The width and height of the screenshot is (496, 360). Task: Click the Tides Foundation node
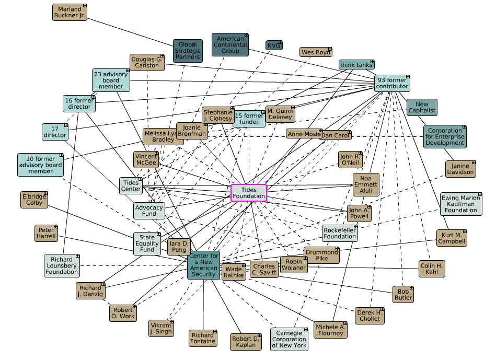click(249, 192)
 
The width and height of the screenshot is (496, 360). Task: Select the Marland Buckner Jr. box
click(70, 13)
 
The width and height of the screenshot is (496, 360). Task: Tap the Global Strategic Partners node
click(188, 51)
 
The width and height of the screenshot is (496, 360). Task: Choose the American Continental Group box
click(230, 45)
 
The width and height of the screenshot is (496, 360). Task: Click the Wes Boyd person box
click(316, 52)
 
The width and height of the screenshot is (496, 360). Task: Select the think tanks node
click(356, 65)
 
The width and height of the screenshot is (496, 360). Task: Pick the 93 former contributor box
click(392, 83)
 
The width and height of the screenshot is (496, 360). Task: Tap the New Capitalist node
click(422, 107)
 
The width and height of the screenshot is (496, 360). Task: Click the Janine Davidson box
click(460, 169)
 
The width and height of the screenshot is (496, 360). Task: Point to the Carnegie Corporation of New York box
click(289, 339)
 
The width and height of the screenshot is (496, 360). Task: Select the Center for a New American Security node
click(204, 265)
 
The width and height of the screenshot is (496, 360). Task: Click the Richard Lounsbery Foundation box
click(62, 265)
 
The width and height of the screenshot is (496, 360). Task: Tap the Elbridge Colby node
click(34, 200)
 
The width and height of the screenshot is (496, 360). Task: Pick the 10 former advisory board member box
click(41, 164)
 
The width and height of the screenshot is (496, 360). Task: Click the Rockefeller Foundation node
click(340, 233)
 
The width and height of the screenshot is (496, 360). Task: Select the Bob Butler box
click(403, 294)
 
